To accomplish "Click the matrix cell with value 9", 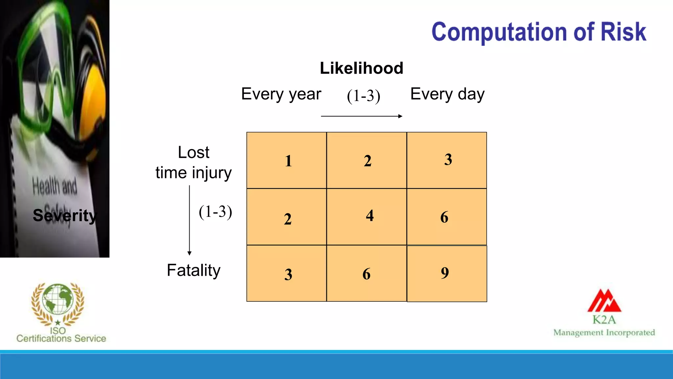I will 447,273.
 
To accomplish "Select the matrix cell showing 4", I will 366,216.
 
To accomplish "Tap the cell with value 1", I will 286,160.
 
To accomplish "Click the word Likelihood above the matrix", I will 361,68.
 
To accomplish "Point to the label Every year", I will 281,94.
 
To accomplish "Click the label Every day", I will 447,94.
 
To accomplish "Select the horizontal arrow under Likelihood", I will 361,116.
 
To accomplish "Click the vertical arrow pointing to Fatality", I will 189,220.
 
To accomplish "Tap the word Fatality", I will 194,270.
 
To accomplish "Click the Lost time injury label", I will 194,163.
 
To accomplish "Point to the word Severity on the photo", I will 64,215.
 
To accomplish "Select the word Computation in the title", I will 499,32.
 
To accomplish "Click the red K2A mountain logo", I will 604,301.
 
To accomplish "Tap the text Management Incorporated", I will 604,333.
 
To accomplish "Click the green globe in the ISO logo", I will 58,299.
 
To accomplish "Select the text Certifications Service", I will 61,339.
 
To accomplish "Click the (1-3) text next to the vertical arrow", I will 215,212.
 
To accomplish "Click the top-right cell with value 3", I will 447,160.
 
